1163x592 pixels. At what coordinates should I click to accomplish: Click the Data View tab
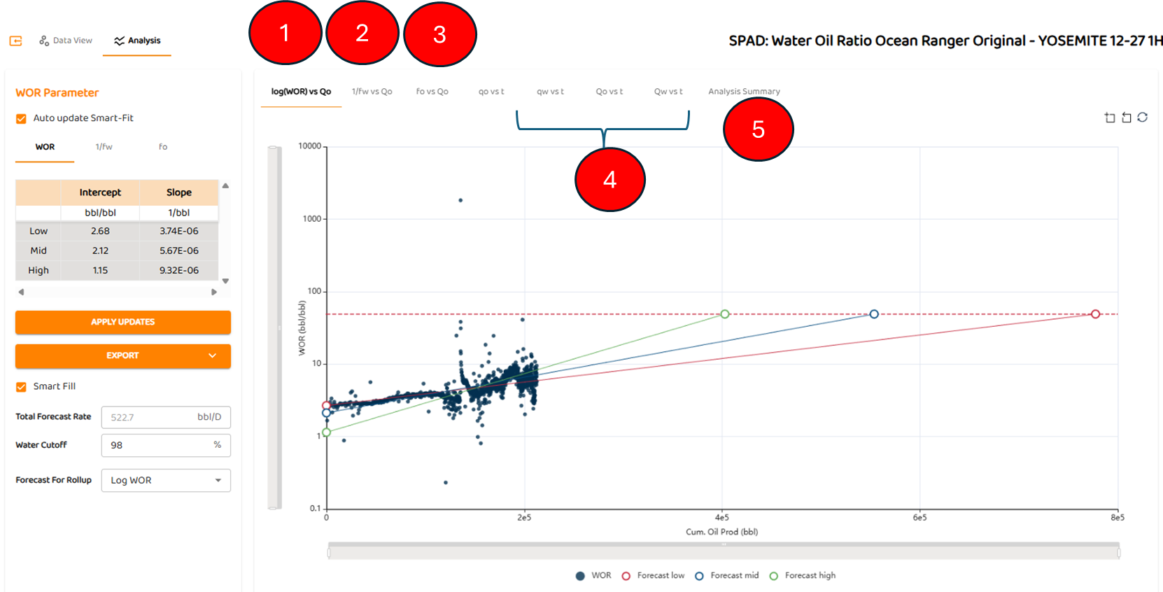point(66,41)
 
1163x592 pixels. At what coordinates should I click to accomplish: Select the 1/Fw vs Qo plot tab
point(372,92)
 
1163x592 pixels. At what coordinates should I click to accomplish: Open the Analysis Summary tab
point(744,92)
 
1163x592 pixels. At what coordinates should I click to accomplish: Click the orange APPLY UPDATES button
point(123,322)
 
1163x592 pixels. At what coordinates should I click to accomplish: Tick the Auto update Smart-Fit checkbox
point(22,119)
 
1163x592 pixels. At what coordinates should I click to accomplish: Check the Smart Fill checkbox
point(22,387)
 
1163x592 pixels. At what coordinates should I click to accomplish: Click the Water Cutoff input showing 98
point(166,445)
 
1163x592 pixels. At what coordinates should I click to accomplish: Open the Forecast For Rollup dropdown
point(166,480)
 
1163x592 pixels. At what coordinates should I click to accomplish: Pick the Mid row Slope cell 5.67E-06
point(178,251)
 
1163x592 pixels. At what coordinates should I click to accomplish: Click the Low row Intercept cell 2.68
point(100,231)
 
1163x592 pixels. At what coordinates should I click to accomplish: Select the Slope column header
point(178,192)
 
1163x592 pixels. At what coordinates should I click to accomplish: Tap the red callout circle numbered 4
point(609,180)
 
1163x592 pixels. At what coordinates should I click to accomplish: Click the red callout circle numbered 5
point(758,129)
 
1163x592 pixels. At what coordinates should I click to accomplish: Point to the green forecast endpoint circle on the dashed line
point(725,314)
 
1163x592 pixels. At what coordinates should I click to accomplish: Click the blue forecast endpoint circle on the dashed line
point(874,314)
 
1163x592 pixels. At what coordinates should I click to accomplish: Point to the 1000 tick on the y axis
point(312,219)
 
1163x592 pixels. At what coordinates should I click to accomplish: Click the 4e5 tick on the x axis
point(721,518)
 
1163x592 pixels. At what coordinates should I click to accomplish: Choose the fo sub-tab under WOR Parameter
point(163,147)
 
